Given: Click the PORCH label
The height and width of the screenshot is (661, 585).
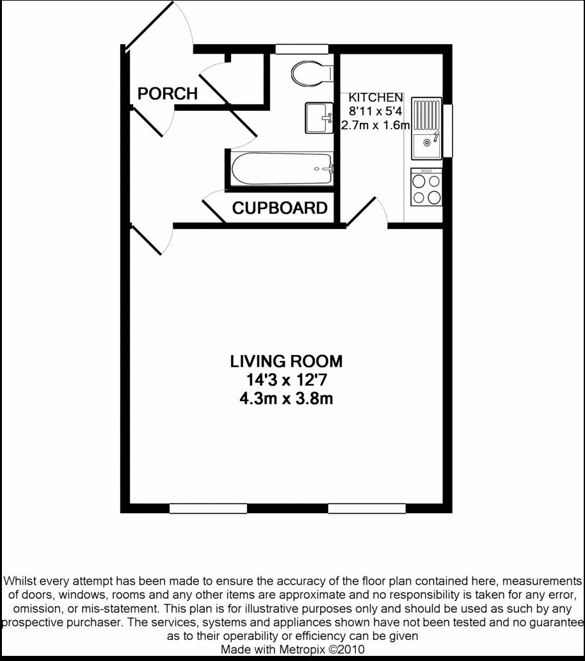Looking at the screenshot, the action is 168,93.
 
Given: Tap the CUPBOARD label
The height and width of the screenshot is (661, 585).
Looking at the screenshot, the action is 280,208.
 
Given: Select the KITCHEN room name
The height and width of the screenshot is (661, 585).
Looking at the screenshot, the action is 375,97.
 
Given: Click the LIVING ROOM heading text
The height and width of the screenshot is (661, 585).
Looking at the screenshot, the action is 286,362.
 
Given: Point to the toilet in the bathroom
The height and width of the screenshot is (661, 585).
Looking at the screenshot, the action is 312,74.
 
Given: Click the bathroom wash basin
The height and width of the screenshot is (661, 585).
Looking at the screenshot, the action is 319,118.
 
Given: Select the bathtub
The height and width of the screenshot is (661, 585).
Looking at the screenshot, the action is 282,169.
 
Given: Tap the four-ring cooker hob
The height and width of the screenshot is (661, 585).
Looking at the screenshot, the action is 426,187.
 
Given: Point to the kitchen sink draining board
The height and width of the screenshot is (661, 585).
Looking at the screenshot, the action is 426,115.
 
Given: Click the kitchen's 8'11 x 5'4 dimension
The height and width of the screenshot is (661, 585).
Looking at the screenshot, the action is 375,111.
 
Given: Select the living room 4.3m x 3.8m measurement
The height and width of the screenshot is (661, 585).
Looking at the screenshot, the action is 286,399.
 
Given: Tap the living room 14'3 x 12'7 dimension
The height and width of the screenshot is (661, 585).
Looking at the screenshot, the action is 286,380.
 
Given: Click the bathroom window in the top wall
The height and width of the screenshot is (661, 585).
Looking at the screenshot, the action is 301,49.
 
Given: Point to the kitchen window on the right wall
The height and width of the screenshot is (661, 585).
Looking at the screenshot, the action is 447,131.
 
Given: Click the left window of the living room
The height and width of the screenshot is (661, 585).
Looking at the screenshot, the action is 208,508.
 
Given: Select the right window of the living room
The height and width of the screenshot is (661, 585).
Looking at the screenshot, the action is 367,508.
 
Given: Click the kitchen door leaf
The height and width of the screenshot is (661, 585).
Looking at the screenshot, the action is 360,211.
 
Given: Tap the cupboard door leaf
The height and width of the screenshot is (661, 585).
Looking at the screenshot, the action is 214,211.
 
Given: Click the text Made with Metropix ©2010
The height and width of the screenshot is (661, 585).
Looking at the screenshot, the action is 292,649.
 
